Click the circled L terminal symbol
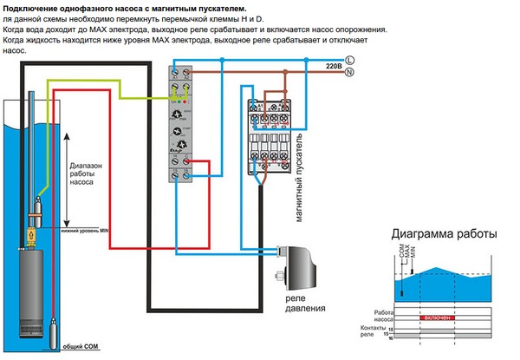pos(349,59)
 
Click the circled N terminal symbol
pos(349,73)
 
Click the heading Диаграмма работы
pos(444,234)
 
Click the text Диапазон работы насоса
pos(93,174)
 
